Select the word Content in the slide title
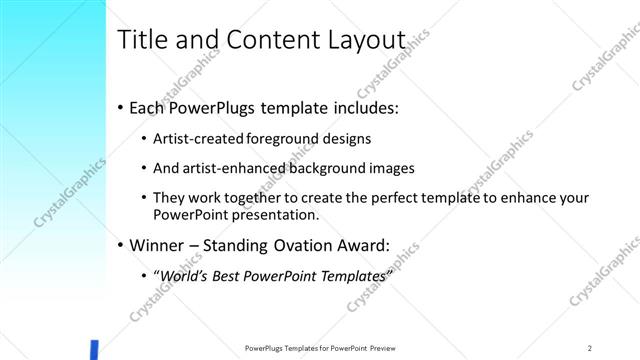[271, 41]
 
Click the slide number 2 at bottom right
[591, 348]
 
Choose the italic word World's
[188, 274]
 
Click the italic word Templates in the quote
[351, 274]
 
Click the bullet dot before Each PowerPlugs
[121, 106]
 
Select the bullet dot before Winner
[121, 244]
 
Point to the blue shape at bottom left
[94, 350]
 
